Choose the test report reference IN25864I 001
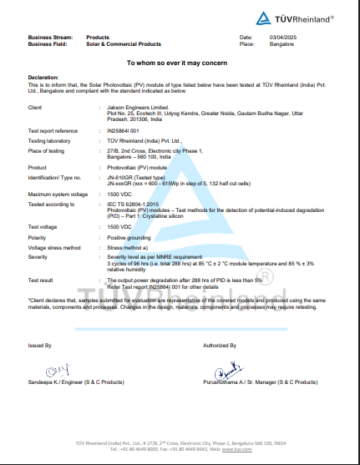[123, 131]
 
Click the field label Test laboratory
[48, 139]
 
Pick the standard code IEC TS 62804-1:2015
[134, 203]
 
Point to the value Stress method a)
[128, 248]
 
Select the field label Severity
[40, 257]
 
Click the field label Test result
[42, 281]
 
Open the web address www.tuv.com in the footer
[241, 449]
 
